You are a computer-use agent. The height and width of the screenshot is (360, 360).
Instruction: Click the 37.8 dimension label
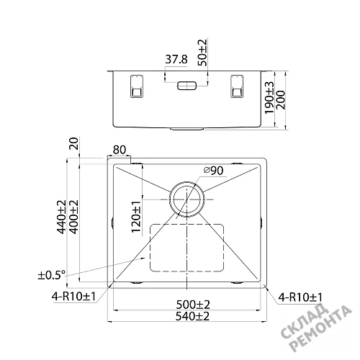click(176, 59)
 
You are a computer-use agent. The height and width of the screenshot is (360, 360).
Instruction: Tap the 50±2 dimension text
click(202, 53)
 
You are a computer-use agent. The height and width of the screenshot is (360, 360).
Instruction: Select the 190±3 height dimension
click(269, 97)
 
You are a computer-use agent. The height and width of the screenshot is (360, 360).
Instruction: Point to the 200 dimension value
click(281, 100)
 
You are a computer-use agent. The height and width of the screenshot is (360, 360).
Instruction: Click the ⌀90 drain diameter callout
click(213, 171)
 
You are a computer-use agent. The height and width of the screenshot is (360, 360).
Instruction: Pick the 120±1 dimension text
click(136, 217)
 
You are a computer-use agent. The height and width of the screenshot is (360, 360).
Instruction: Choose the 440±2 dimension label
click(61, 217)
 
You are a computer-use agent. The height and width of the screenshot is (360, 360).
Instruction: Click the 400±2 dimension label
click(74, 217)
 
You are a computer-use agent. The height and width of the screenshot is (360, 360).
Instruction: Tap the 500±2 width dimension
click(193, 305)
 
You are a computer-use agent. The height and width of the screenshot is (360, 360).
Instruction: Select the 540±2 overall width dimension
click(192, 316)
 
